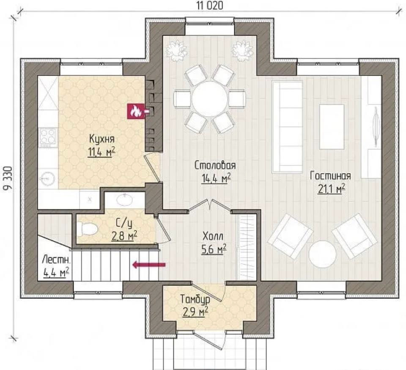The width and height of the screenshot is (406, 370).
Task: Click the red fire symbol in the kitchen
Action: (136, 111)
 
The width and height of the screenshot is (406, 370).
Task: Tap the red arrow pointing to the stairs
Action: (149, 265)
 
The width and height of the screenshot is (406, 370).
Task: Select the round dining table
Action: (209, 99)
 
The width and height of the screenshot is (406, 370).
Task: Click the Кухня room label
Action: (102, 139)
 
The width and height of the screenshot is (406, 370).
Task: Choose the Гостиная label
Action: (330, 176)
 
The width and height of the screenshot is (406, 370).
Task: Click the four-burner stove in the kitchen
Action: (48, 136)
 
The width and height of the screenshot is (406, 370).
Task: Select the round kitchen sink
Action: (48, 179)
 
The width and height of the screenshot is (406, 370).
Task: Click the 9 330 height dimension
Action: (8, 179)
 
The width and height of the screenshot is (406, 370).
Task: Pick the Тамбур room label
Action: (195, 299)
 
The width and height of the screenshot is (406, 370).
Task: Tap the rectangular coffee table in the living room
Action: (332, 127)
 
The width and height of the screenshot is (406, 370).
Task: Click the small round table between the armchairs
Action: (323, 254)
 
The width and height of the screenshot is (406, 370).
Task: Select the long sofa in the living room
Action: (288, 127)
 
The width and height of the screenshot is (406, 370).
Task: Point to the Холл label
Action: (213, 236)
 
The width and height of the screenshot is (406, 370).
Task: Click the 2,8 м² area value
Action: (124, 236)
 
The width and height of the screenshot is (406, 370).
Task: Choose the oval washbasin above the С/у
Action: (125, 199)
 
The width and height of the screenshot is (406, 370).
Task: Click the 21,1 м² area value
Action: (331, 189)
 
